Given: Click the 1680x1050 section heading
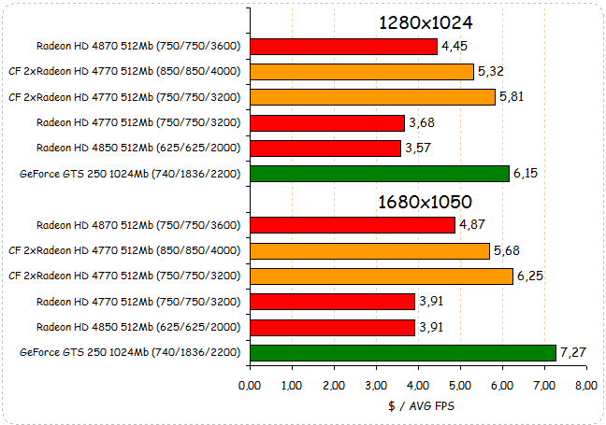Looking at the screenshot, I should [426, 202].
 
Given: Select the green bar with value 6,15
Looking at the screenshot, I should [380, 173].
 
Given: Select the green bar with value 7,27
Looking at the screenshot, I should [403, 352].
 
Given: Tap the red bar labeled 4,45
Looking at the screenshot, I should [344, 46].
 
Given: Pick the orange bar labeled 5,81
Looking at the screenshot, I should [372, 96].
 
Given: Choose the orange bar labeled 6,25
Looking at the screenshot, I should [382, 276].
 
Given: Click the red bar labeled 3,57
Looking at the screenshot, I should [325, 148].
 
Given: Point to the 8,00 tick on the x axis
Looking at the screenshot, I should [586, 385].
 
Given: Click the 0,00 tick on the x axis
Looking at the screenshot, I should [250, 385].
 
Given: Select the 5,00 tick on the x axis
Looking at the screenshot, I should [460, 385].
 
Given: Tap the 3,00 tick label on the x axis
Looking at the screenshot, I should [376, 385].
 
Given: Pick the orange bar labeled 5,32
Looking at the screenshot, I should [362, 71].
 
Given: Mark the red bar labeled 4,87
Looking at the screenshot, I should [353, 224].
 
